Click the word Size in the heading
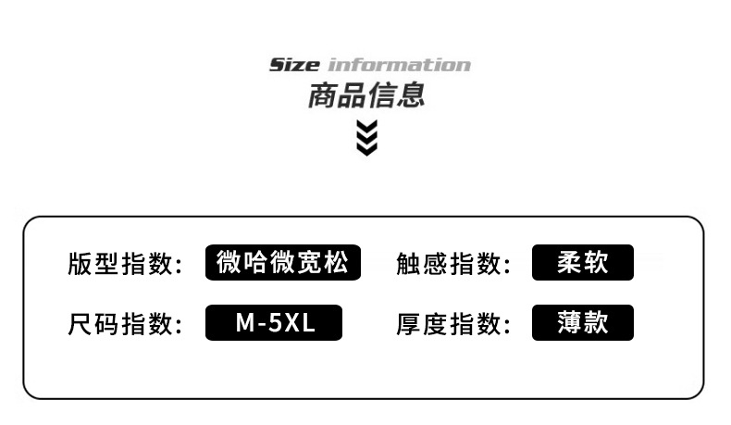pyautogui.click(x=293, y=65)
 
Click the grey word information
pyautogui.click(x=399, y=65)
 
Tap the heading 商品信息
pyautogui.click(x=366, y=95)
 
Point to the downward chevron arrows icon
pyautogui.click(x=367, y=137)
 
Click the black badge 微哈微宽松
pyautogui.click(x=282, y=263)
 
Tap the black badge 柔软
pyautogui.click(x=583, y=263)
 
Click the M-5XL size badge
pyautogui.click(x=274, y=323)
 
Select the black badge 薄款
pyautogui.click(x=583, y=323)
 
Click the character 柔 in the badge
pyautogui.click(x=569, y=263)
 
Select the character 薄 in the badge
pyautogui.click(x=569, y=323)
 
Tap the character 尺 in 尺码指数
pyautogui.click(x=80, y=324)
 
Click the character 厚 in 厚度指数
pyautogui.click(x=408, y=324)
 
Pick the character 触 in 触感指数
pyautogui.click(x=408, y=264)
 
